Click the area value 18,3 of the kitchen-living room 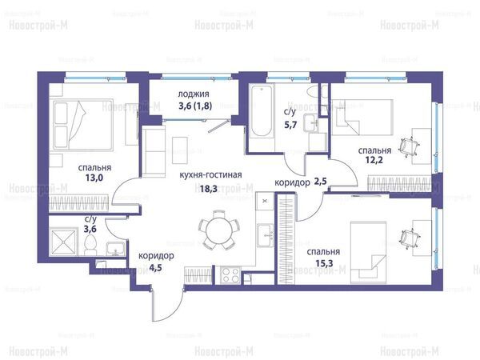click(x=209, y=189)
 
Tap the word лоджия click(x=194, y=94)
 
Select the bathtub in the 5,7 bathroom click(x=261, y=110)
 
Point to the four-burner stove click(x=230, y=275)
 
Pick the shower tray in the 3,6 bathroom click(x=64, y=242)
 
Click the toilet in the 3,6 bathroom click(x=90, y=246)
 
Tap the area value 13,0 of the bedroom click(x=94, y=178)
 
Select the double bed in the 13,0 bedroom click(x=82, y=125)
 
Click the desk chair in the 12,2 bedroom click(x=409, y=146)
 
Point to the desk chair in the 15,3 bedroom click(x=409, y=238)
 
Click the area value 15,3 click(x=324, y=263)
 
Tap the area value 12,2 click(x=374, y=159)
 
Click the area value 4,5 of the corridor click(x=156, y=268)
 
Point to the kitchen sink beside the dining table click(x=265, y=235)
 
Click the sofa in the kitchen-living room click(x=154, y=152)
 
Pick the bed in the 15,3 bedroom click(x=368, y=253)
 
